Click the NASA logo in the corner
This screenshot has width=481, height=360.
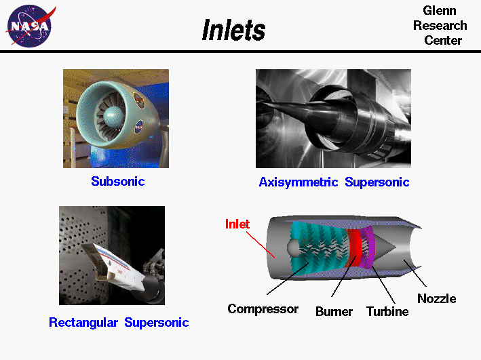pos(28,26)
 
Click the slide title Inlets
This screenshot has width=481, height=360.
pos(233,30)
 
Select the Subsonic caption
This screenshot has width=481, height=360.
pos(118,181)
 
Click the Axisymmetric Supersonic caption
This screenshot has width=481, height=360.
pos(334,182)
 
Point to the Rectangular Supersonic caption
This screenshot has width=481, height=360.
pos(119,322)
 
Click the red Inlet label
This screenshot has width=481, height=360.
pos(237,224)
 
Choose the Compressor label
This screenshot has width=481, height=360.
pos(263,309)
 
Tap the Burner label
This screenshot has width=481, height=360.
pos(334,311)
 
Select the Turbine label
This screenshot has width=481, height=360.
pos(387,311)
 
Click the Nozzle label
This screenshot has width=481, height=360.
pos(436,298)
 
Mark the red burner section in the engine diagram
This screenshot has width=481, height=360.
pos(354,248)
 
